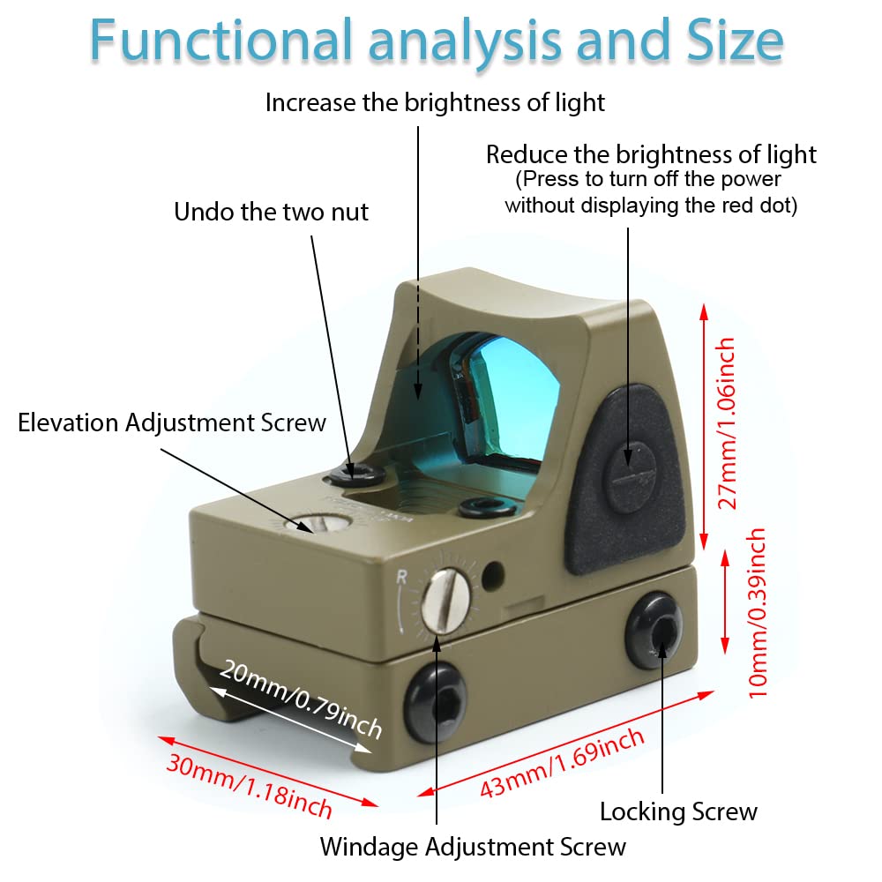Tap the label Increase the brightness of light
pyautogui.click(x=435, y=102)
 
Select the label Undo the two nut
pyautogui.click(x=271, y=212)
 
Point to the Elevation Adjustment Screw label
pyautogui.click(x=172, y=422)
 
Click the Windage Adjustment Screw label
pyautogui.click(x=473, y=847)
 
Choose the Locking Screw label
pyautogui.click(x=677, y=811)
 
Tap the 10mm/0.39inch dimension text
pyautogui.click(x=757, y=613)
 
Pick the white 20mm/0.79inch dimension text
pyautogui.click(x=301, y=699)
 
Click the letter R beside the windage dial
pyautogui.click(x=402, y=578)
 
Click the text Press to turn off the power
pyautogui.click(x=648, y=179)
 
